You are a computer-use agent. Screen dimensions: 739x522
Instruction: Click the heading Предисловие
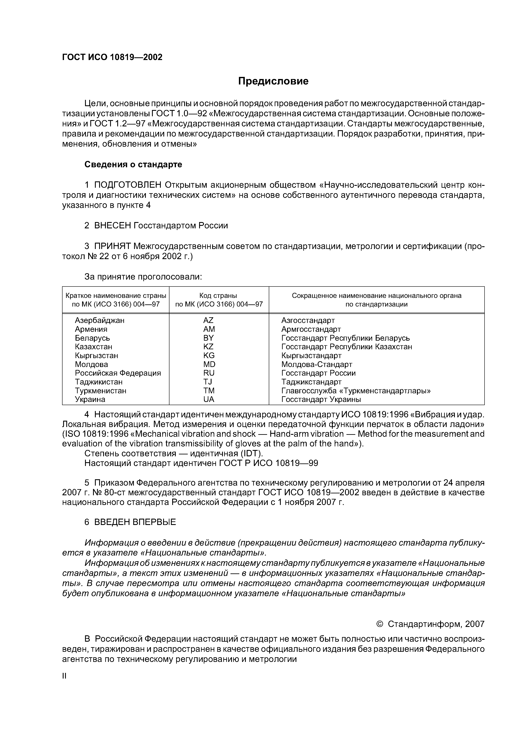[x=273, y=81]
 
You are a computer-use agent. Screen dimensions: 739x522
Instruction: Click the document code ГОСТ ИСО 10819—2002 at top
[x=112, y=57]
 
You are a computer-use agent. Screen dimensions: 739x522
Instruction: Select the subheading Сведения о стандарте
[x=133, y=165]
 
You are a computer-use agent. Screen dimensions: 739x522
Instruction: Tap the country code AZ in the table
[x=208, y=320]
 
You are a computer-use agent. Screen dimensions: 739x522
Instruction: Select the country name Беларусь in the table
[x=92, y=338]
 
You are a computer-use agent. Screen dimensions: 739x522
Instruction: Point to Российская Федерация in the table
[x=118, y=373]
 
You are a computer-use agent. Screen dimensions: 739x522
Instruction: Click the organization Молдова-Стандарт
[x=317, y=364]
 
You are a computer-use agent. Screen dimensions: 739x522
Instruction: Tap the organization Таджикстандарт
[x=311, y=382]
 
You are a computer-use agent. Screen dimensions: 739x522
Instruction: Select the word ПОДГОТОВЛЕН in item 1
[x=128, y=185]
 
